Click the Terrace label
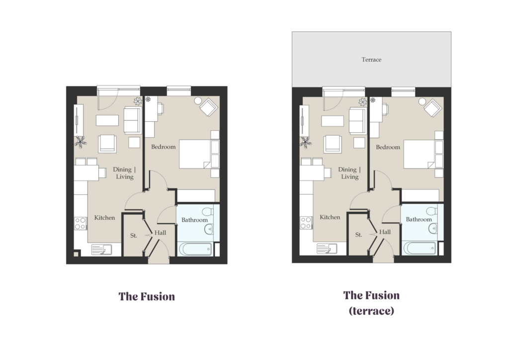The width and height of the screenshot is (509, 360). coord(371,60)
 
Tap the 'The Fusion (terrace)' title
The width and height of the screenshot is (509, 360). coord(371,303)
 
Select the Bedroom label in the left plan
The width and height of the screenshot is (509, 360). coord(163,147)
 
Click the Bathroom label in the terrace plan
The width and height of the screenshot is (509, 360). coord(419,219)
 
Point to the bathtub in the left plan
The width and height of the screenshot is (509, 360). coord(195,249)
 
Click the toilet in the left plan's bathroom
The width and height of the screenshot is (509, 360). coord(208,212)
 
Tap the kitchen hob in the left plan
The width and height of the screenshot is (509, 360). coord(81,223)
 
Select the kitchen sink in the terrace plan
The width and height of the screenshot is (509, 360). coord(327,249)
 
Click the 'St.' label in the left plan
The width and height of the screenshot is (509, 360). coord(133,236)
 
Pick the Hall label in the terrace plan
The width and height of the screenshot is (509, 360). coord(385,232)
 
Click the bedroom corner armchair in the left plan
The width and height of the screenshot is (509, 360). coord(208,107)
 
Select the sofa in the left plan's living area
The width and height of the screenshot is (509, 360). coord(132,120)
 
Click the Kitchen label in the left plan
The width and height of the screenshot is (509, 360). coord(104,218)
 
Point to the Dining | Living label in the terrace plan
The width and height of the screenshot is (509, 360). coord(349,173)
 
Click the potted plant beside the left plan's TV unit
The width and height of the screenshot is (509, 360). coord(80,142)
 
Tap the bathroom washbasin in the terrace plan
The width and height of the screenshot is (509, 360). coord(433,229)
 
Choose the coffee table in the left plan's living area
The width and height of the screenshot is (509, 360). coord(107,120)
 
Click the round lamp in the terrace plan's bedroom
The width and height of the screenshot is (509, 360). coord(422,101)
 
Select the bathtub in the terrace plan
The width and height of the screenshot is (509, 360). coord(420,248)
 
